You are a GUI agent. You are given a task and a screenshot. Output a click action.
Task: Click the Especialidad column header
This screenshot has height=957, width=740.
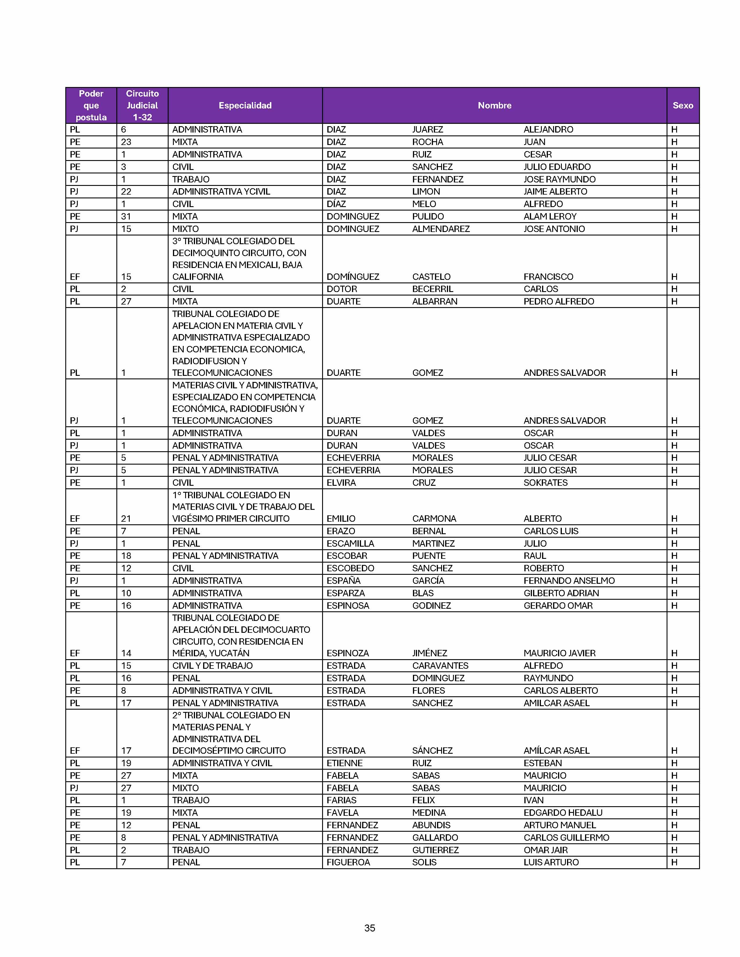245,105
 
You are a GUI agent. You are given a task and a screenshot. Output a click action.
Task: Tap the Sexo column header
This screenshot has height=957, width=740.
683,105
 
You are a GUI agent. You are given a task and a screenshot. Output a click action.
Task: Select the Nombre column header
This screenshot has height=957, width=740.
494,105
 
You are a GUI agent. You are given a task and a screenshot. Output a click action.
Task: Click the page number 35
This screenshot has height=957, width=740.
369,928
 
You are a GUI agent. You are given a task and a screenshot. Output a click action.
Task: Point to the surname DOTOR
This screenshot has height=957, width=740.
342,289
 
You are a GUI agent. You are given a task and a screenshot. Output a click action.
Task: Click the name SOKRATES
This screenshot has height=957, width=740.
545,483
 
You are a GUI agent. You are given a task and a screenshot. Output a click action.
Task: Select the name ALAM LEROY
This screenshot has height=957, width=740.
550,216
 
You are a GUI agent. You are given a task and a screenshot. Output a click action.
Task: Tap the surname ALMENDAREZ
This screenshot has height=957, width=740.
441,229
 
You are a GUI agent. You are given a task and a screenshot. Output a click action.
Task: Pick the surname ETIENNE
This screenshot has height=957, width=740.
344,763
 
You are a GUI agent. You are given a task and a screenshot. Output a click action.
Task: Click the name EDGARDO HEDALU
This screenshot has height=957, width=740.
563,812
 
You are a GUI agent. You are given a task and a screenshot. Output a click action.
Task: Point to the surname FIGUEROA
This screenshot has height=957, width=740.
348,862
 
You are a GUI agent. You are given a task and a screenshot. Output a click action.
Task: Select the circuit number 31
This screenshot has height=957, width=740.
126,216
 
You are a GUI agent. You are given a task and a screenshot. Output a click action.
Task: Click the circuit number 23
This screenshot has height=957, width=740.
126,142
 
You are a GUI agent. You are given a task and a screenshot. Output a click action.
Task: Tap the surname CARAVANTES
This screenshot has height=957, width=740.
440,666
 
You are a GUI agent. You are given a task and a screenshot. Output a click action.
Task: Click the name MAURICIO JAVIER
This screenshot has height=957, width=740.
559,653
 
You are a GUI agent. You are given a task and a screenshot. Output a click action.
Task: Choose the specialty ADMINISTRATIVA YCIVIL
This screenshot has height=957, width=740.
221,191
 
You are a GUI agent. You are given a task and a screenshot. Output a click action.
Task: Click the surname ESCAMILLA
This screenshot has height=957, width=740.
350,543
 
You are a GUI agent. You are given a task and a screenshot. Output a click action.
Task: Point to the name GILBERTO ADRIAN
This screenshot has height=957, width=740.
561,593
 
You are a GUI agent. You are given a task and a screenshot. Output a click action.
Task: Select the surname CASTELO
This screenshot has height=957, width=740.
431,276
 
